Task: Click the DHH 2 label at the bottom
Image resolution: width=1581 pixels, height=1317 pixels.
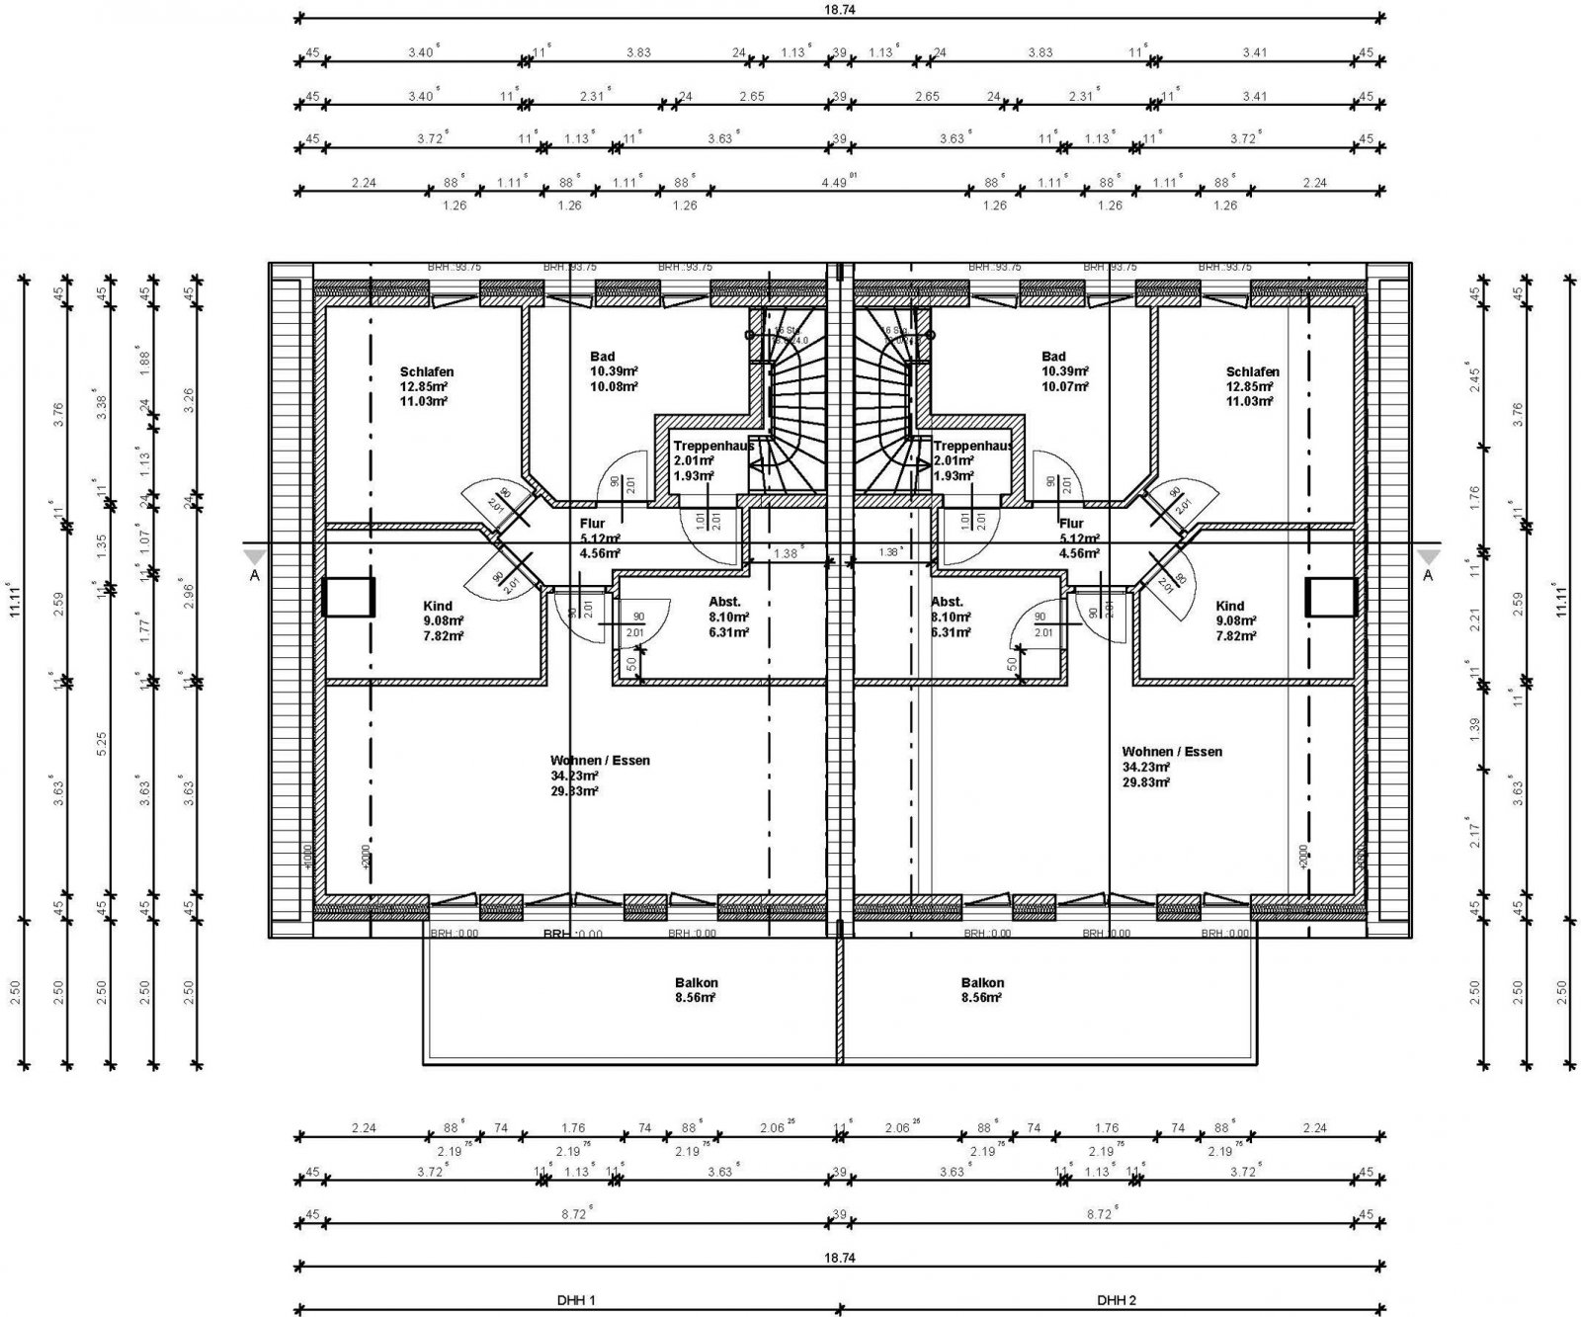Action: pyautogui.click(x=1118, y=1301)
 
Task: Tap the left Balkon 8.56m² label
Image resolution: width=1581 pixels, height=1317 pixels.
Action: pyautogui.click(x=697, y=990)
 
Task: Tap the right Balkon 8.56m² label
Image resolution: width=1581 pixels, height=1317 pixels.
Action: pyautogui.click(x=982, y=990)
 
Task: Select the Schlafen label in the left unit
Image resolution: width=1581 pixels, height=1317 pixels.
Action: pyautogui.click(x=426, y=372)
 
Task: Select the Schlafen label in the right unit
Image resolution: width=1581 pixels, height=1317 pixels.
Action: pyautogui.click(x=1253, y=372)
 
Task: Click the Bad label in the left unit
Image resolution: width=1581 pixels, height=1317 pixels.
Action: pyautogui.click(x=603, y=357)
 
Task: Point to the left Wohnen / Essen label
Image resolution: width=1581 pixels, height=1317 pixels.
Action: pyautogui.click(x=600, y=761)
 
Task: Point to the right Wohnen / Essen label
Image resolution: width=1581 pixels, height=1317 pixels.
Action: pyautogui.click(x=1171, y=752)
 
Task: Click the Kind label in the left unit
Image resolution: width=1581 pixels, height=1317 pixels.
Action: pyautogui.click(x=437, y=606)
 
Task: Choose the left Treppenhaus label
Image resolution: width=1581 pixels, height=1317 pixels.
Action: pyautogui.click(x=712, y=446)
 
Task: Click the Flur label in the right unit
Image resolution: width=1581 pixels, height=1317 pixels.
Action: pyautogui.click(x=1071, y=524)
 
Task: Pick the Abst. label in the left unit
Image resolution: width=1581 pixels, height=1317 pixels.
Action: pyautogui.click(x=724, y=602)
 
